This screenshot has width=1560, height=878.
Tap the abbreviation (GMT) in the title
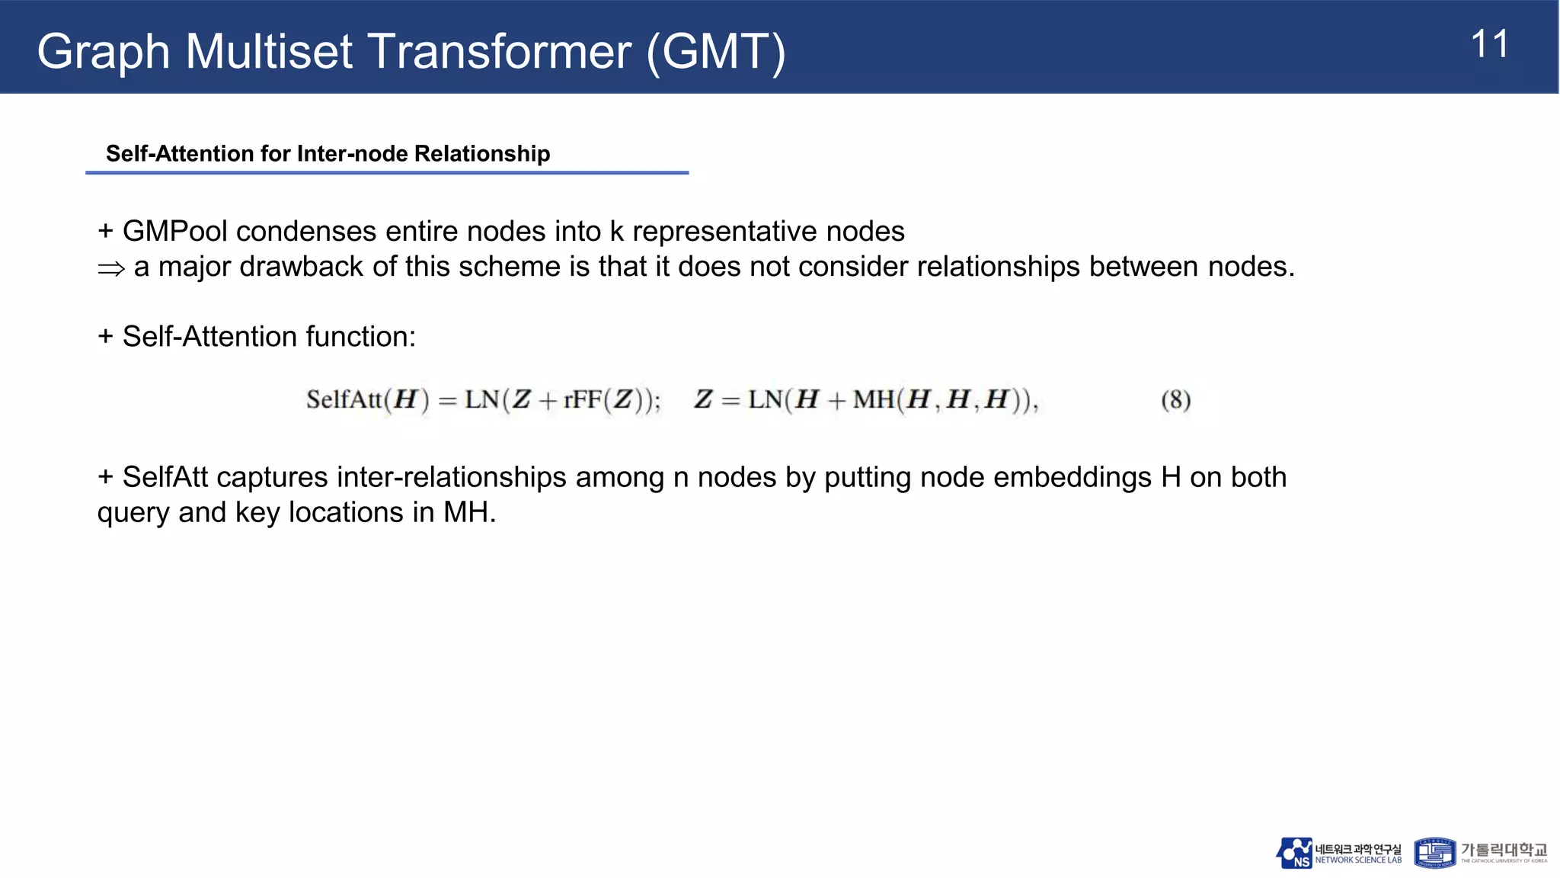coord(715,52)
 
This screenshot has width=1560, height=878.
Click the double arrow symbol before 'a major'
coord(111,268)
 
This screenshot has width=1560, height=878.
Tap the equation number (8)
coord(1175,399)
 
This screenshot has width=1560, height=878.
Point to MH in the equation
coord(874,399)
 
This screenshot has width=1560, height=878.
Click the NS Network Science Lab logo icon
coord(1294,853)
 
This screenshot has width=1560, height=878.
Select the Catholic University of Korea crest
coord(1434,853)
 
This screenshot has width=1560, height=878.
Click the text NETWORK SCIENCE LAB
coord(1358,860)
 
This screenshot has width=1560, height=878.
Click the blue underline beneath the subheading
coord(387,173)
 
